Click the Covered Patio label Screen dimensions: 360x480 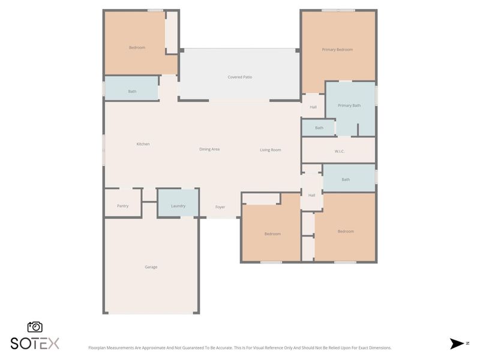click(x=239, y=77)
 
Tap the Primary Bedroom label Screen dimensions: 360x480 click(x=337, y=50)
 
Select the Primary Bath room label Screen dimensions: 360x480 click(x=349, y=106)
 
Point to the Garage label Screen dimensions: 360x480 click(x=151, y=267)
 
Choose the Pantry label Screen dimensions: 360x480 click(x=122, y=206)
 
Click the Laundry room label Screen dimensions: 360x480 click(x=178, y=206)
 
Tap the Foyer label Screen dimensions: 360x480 click(x=220, y=207)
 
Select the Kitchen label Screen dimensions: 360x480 click(x=143, y=144)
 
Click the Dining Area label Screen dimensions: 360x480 click(x=209, y=149)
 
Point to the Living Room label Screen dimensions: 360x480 click(x=271, y=150)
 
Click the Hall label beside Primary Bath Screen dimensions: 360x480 click(x=313, y=107)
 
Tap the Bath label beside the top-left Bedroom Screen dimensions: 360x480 click(x=132, y=92)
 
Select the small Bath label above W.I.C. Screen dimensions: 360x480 click(x=319, y=128)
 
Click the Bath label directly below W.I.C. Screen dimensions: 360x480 click(x=346, y=179)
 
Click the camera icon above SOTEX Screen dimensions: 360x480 click(x=35, y=327)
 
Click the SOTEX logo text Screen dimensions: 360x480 click(x=35, y=343)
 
